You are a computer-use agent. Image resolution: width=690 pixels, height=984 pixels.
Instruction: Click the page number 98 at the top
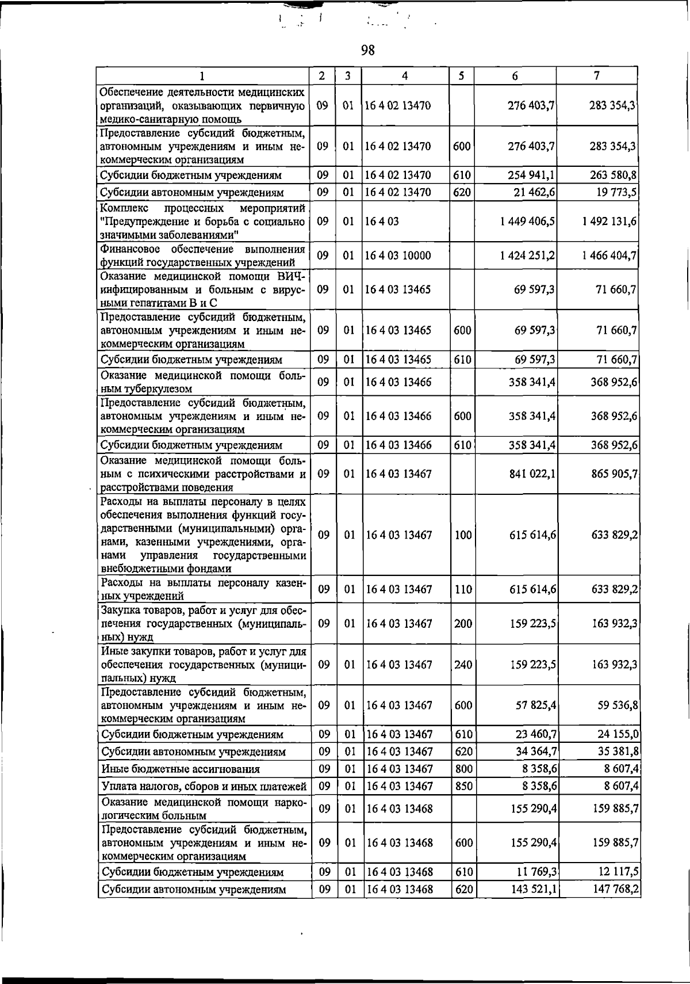click(x=368, y=51)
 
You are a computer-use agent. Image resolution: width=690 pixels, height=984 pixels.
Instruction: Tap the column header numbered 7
click(x=597, y=75)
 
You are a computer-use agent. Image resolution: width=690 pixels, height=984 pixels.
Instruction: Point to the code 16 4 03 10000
click(x=398, y=255)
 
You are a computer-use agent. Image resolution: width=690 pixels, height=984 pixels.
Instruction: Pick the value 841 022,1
click(x=532, y=474)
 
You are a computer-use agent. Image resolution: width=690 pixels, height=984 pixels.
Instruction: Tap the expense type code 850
click(x=462, y=786)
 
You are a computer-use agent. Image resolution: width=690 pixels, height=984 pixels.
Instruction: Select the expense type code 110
click(x=462, y=589)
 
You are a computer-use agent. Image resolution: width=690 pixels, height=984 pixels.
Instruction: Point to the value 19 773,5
click(x=616, y=192)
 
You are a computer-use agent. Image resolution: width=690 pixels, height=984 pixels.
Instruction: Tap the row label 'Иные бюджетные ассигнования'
click(x=181, y=769)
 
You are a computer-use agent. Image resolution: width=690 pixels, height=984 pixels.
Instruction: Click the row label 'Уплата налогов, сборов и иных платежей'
click(x=204, y=786)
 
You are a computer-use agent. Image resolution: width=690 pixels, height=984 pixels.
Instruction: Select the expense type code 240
click(x=462, y=665)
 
